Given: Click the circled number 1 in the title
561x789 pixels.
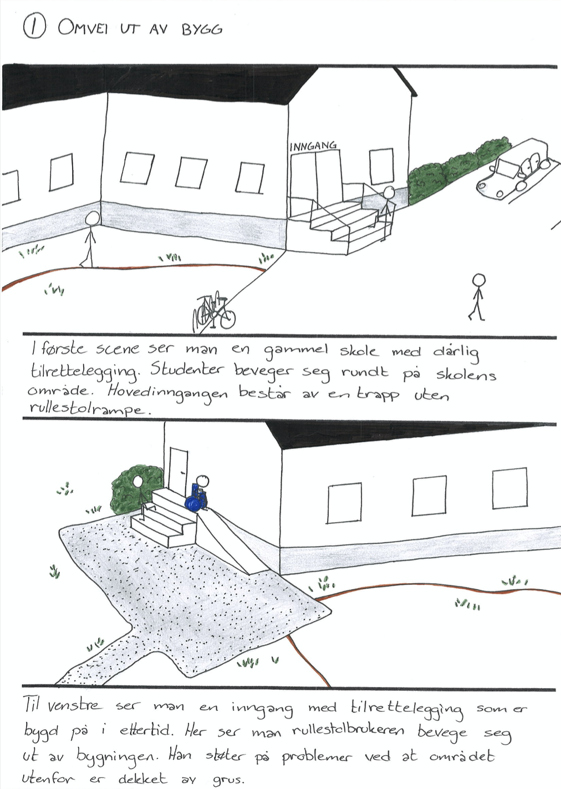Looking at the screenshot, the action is [34, 26].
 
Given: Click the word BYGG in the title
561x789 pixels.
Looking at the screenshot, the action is [202, 30].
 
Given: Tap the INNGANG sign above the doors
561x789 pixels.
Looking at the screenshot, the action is [313, 145].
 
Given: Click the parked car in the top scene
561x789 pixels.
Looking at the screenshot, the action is [513, 168].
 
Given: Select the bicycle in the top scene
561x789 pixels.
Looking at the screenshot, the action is [214, 312].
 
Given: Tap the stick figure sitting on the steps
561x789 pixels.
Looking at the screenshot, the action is [142, 497].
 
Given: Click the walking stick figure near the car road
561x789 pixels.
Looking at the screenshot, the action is [478, 297].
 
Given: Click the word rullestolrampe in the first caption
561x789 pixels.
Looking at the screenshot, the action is [87, 409].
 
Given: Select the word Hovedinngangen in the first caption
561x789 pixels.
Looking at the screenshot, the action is [167, 393].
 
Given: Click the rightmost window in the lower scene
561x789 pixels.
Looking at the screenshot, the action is [509, 488].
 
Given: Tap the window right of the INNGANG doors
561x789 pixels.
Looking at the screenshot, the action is [381, 166].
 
